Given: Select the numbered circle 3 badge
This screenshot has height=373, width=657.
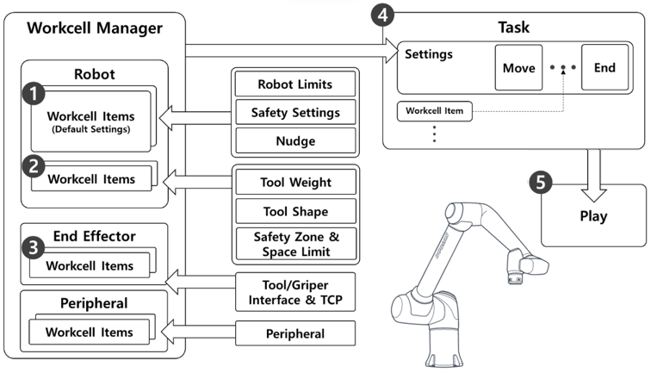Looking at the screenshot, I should pos(33,248).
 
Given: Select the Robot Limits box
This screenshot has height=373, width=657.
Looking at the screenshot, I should pos(295,84).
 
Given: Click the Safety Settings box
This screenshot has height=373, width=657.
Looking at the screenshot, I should pos(295,113).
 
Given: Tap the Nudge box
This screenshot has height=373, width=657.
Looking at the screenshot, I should pos(295,140).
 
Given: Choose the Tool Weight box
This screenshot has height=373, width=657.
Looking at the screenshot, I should pos(295,183).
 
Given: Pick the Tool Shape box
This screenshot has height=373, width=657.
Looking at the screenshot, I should pos(295,211).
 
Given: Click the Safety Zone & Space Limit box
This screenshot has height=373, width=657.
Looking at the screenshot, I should pos(295,245).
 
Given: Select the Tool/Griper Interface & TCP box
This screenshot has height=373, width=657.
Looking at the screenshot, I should pos(295,292).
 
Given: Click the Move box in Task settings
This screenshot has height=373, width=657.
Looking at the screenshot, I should pos(518,68).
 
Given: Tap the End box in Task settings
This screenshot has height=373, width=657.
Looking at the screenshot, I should pos(604,68).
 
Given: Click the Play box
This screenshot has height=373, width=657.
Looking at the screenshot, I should pos(593,216).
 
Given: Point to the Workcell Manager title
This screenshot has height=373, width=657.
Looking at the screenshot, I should pos(95,28).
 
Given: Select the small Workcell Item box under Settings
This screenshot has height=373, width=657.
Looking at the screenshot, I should pos(435,112).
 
